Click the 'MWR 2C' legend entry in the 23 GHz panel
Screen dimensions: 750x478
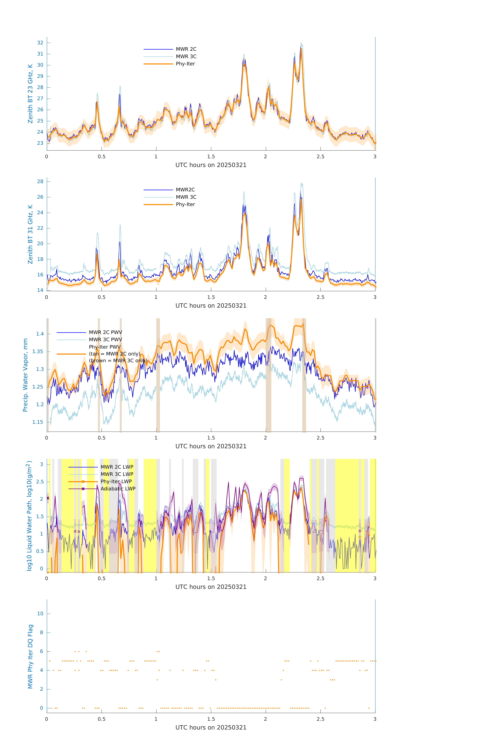[x=186, y=49]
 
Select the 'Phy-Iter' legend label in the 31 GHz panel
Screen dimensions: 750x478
[x=185, y=204]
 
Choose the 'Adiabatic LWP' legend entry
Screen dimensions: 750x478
[x=118, y=489]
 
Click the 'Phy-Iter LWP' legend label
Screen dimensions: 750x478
[x=116, y=481]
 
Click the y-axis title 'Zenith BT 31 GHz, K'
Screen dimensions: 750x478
[x=30, y=234]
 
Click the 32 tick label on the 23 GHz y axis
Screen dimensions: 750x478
[x=40, y=43]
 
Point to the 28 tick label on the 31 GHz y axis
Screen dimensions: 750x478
[x=40, y=182]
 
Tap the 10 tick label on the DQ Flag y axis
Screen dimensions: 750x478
[x=40, y=614]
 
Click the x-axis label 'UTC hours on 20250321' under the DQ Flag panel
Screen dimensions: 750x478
[x=211, y=728]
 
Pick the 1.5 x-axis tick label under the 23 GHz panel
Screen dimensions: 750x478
[x=211, y=157]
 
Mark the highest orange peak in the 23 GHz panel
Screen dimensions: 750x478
[x=301, y=49]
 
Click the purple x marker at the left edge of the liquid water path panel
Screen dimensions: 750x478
[x=48, y=498]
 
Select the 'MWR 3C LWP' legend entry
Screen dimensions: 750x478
[x=117, y=474]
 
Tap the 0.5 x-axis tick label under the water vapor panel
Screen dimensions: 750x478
[x=101, y=438]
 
